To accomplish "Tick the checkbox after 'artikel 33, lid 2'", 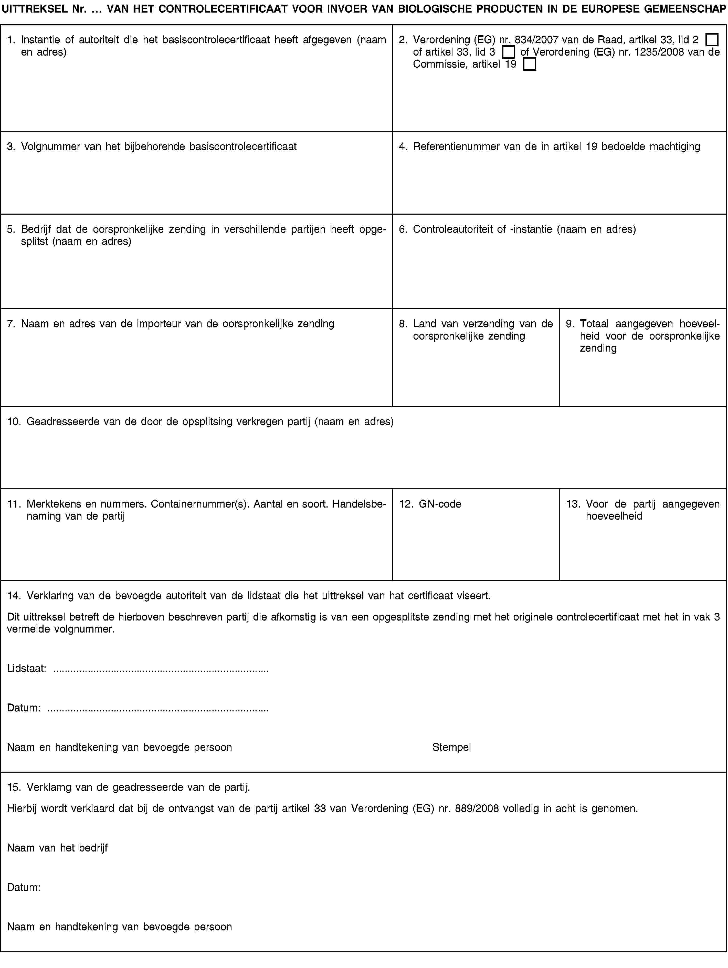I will coord(712,40).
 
